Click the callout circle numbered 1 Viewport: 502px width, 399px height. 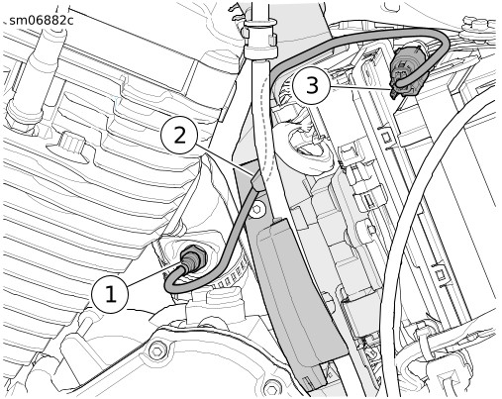point(110,294)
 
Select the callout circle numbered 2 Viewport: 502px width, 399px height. point(179,136)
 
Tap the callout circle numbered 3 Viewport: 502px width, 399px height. point(312,86)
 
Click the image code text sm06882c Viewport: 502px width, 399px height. point(42,21)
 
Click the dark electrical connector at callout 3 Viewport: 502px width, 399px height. point(406,71)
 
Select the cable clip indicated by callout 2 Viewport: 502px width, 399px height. point(257,181)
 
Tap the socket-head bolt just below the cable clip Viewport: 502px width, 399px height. point(257,210)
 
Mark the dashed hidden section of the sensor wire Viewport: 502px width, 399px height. point(267,129)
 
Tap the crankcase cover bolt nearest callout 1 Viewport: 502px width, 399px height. point(157,350)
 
